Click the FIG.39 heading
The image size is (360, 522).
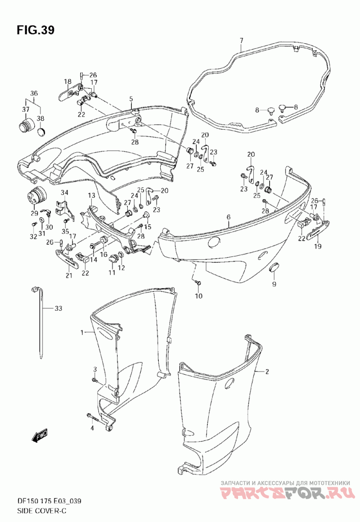pyautogui.click(x=36, y=30)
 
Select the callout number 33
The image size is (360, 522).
pyautogui.click(x=58, y=309)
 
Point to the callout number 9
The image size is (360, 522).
pyautogui.click(x=274, y=284)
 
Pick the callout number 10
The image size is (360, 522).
pyautogui.click(x=198, y=296)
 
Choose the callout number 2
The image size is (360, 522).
pyautogui.click(x=267, y=372)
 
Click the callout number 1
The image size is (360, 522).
pyautogui.click(x=83, y=332)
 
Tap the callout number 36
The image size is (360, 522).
pyautogui.click(x=34, y=94)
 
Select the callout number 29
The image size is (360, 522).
pyautogui.click(x=34, y=213)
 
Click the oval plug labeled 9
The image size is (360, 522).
pyautogui.click(x=273, y=269)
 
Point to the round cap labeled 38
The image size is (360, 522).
pyautogui.click(x=41, y=132)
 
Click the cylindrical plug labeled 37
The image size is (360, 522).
pyautogui.click(x=25, y=126)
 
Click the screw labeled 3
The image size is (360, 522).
pyautogui.click(x=95, y=381)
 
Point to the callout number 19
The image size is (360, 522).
pyautogui.click(x=318, y=246)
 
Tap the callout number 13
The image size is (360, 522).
pyautogui.click(x=91, y=195)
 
